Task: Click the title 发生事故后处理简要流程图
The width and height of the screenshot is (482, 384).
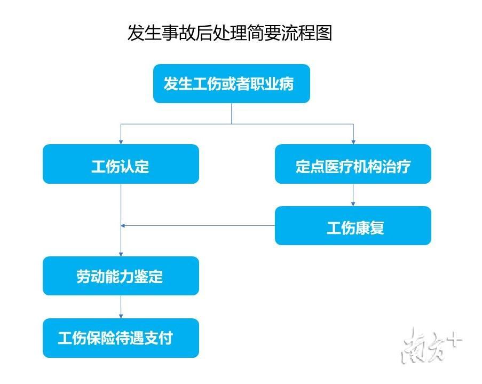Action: (x=229, y=33)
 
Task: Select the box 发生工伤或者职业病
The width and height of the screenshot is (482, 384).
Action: (x=231, y=84)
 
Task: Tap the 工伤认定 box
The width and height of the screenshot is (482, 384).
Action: (x=121, y=164)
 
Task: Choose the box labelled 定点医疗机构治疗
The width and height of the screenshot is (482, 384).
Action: (x=353, y=164)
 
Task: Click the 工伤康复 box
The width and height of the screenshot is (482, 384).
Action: (x=353, y=226)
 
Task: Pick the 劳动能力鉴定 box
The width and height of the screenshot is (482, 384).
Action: (x=121, y=276)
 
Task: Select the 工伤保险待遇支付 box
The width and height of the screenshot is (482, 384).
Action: (x=121, y=338)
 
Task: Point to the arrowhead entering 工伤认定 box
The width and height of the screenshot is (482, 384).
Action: (x=121, y=142)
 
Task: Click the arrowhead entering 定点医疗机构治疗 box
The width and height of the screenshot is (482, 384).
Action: (x=353, y=142)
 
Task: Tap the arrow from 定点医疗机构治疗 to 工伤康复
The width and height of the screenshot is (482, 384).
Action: (x=353, y=195)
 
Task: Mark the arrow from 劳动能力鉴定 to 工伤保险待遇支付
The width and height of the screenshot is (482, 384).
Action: (x=121, y=307)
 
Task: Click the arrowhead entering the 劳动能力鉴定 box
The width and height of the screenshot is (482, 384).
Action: (x=121, y=254)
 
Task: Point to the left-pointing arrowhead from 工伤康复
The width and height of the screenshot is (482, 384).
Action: (x=124, y=226)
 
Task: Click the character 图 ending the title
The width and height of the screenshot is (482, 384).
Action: (x=323, y=33)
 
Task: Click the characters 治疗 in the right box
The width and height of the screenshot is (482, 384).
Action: (x=397, y=166)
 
